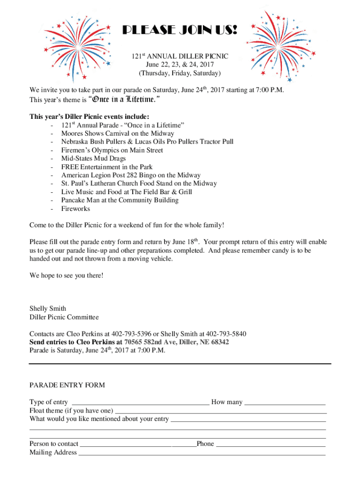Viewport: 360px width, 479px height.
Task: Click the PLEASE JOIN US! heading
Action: (x=180, y=31)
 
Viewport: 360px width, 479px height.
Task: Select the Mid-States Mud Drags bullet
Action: (x=94, y=159)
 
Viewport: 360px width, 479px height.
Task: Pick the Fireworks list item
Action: (x=75, y=209)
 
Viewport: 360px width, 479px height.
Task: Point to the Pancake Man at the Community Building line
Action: (x=120, y=200)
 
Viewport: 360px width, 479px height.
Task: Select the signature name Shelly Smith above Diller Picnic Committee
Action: (x=48, y=309)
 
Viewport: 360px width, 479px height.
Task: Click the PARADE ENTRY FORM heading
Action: (x=67, y=385)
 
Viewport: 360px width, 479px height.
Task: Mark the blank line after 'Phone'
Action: (x=271, y=444)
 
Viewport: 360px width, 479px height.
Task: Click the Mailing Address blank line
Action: (x=202, y=453)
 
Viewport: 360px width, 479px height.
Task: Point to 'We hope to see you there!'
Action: (x=66, y=276)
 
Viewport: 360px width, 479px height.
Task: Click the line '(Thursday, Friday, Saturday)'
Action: (x=180, y=73)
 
